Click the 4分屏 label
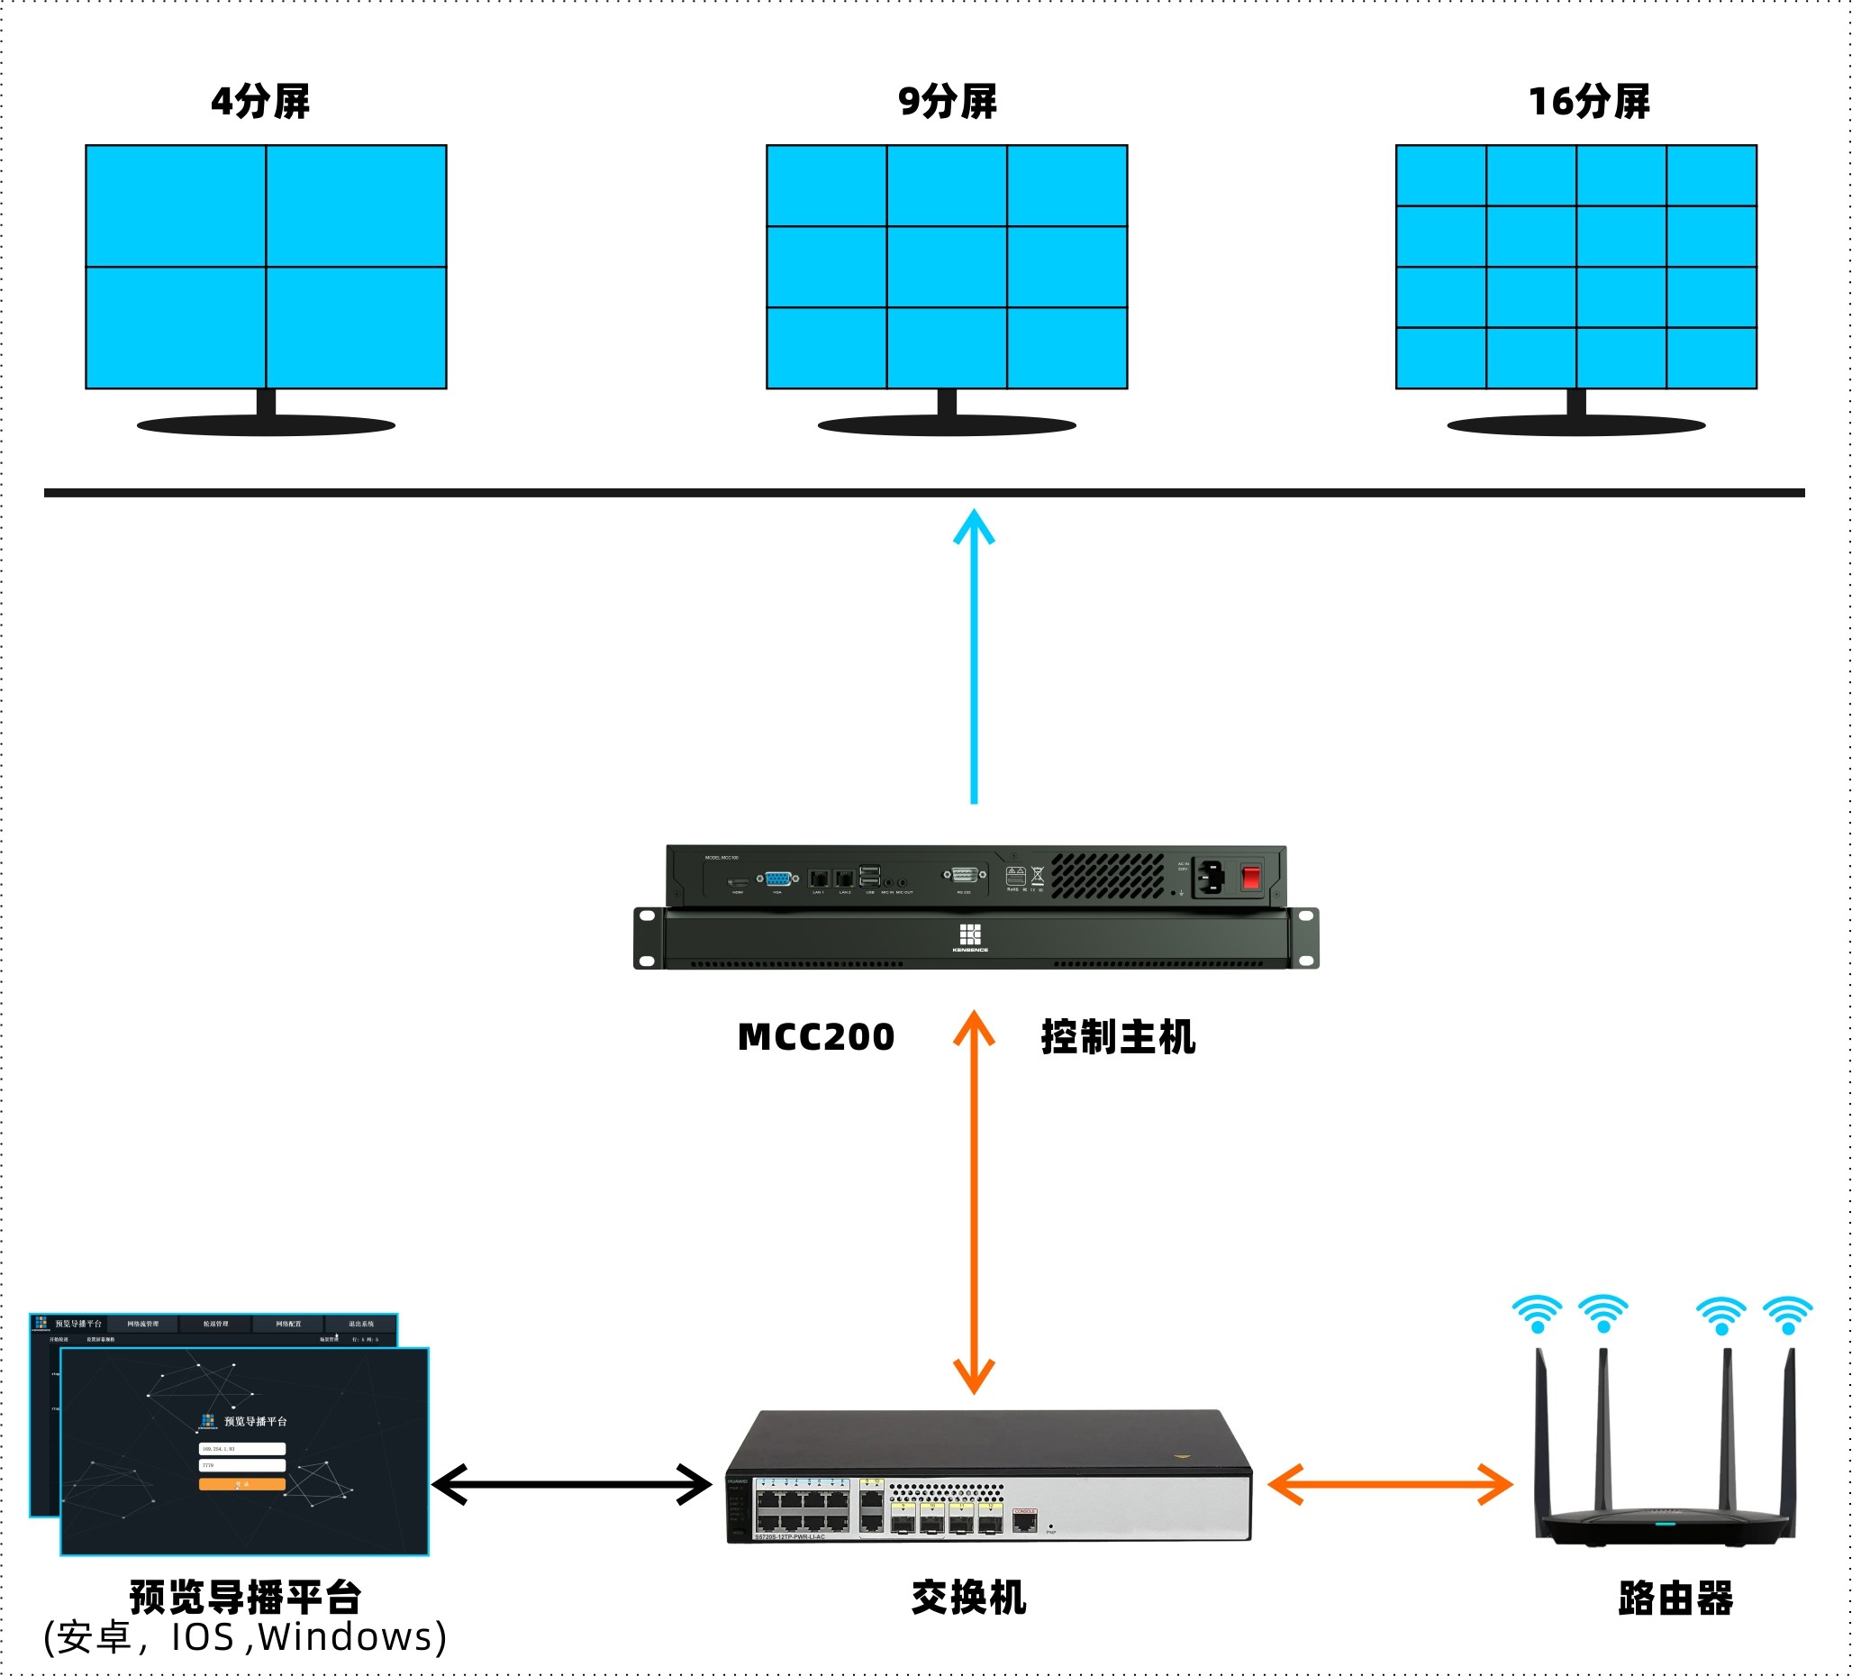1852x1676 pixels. tap(261, 101)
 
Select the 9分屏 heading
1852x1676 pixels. tap(947, 101)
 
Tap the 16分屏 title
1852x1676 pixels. tap(1588, 101)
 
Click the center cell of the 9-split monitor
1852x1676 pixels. tap(946, 267)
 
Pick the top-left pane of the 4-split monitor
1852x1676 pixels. tap(176, 205)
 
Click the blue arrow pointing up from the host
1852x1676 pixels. tap(974, 657)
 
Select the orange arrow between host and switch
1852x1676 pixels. tap(974, 1204)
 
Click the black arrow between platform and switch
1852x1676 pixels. tap(571, 1484)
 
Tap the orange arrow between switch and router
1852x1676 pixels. tap(1389, 1484)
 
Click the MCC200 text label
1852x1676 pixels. tap(816, 1037)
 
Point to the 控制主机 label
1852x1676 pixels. tap(1118, 1037)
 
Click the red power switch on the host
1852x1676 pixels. tap(1250, 877)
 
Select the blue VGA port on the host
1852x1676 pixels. tap(777, 879)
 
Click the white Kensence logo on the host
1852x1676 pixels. tap(970, 935)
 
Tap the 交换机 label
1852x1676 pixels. tap(968, 1598)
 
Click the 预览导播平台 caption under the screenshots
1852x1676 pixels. tap(245, 1598)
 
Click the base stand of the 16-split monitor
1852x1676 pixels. tap(1576, 424)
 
